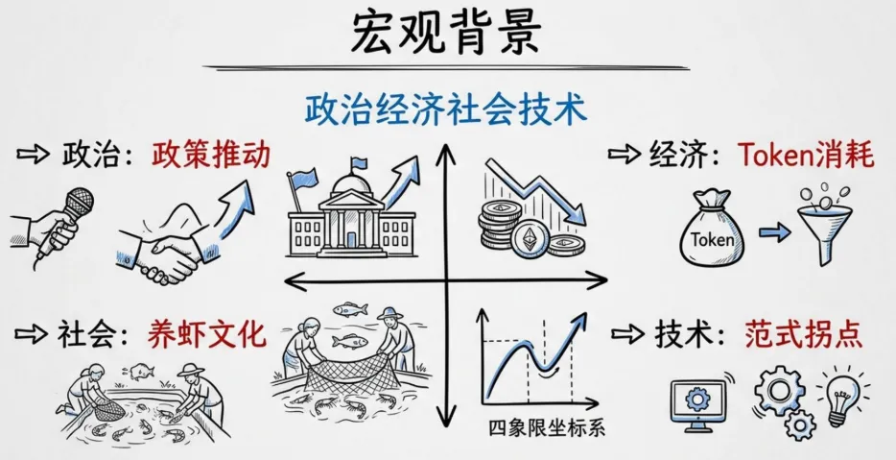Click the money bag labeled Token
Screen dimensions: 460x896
pos(712,231)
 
